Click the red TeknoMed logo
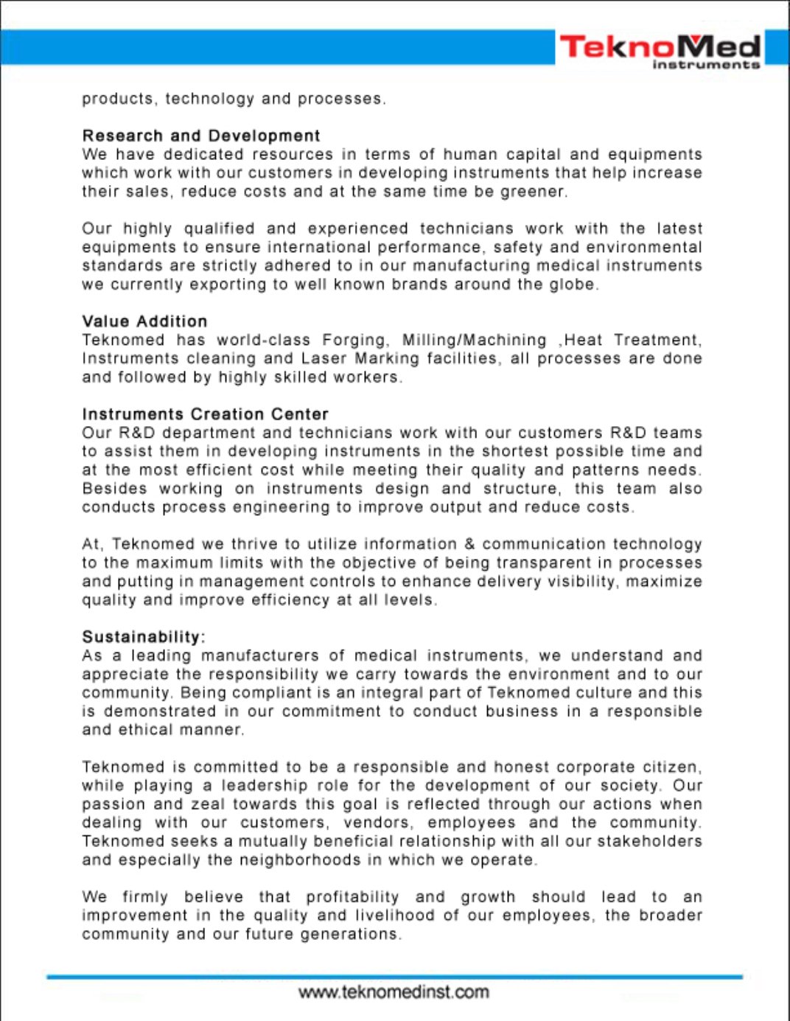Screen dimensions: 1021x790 coord(660,49)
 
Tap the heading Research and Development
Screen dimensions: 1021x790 coord(201,136)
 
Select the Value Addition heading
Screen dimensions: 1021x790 coord(144,321)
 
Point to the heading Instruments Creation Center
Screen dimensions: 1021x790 coord(205,414)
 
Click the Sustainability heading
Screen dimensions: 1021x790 coord(142,637)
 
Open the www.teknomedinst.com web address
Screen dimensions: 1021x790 coord(394,992)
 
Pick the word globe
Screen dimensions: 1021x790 coord(573,285)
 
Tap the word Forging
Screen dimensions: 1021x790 coord(354,340)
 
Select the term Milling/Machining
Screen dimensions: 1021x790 coord(474,340)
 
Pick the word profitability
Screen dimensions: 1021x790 coord(352,897)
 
